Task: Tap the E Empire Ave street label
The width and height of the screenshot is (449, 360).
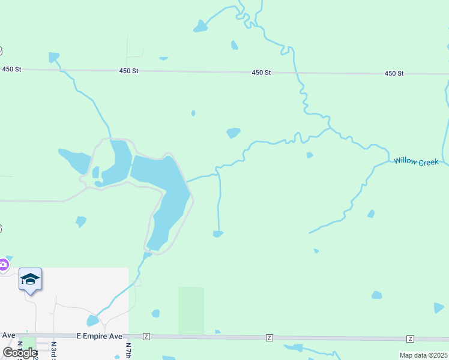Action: click(100, 337)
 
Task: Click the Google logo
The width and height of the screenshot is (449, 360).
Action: click(19, 353)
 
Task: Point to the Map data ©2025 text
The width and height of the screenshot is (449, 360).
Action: click(424, 355)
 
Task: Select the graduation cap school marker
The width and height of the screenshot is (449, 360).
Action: click(30, 279)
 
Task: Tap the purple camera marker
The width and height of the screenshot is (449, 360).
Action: click(4, 264)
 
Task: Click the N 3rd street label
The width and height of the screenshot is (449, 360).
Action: click(53, 350)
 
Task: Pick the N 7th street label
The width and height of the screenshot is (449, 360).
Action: click(128, 350)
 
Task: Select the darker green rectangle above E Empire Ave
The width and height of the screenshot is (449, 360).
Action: click(191, 310)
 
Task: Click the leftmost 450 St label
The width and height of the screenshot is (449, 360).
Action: click(11, 70)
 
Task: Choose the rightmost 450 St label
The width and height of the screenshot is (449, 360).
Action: click(394, 73)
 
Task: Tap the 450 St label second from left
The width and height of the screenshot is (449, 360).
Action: click(128, 71)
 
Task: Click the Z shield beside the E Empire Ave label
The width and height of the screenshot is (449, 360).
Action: click(146, 337)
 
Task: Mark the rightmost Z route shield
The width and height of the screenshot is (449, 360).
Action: click(410, 339)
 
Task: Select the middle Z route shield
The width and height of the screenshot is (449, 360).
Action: click(270, 338)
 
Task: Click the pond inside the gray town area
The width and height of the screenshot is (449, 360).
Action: click(92, 321)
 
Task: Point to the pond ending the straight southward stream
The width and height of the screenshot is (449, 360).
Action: click(218, 233)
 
